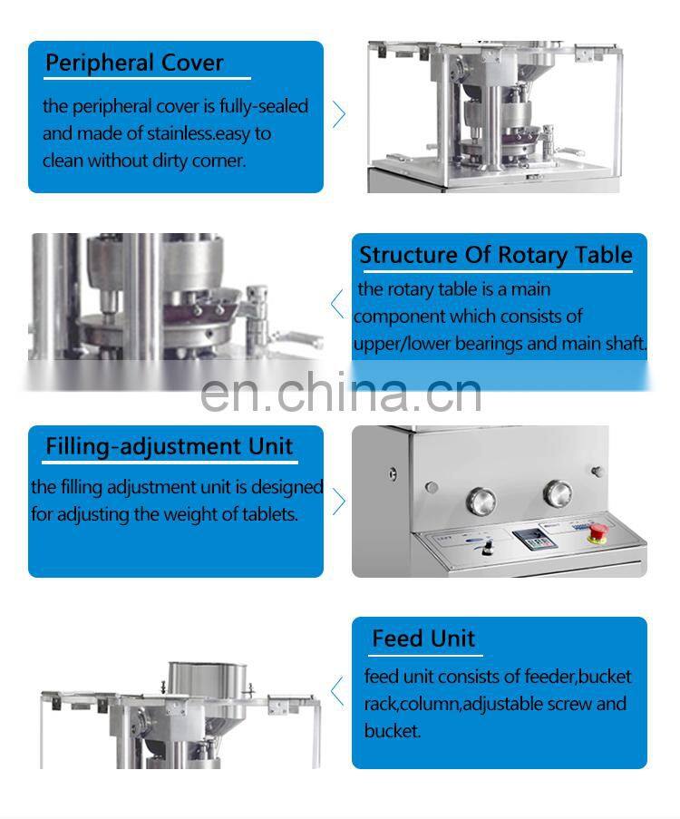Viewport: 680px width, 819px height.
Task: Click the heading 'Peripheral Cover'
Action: [x=134, y=63]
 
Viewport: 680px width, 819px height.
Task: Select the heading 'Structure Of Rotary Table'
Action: [x=496, y=256]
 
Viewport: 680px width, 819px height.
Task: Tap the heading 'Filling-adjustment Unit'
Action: [x=170, y=446]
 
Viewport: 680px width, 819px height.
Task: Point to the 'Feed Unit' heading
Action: [x=423, y=639]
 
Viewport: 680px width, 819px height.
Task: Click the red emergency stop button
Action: [x=597, y=532]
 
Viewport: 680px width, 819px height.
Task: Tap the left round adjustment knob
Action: [x=481, y=500]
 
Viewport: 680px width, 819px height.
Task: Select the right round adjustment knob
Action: [x=558, y=493]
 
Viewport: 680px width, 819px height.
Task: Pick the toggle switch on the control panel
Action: [x=489, y=548]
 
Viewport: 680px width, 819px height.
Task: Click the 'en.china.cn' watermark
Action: [x=341, y=392]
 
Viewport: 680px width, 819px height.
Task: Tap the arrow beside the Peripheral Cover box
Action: [x=339, y=114]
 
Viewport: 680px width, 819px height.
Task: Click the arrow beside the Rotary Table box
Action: [x=337, y=304]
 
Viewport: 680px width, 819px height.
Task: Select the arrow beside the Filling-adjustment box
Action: [x=339, y=501]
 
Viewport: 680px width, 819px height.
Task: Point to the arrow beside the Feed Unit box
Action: [x=337, y=691]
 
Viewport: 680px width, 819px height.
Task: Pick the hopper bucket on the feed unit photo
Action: [x=207, y=684]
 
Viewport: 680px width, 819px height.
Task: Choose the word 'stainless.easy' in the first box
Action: [x=199, y=134]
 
